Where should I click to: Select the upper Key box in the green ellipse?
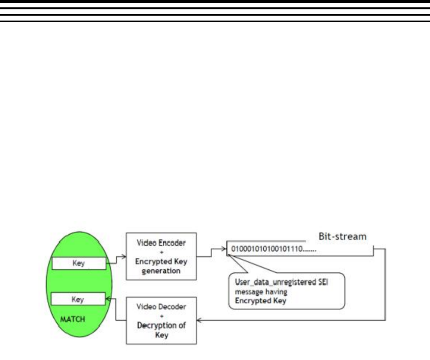[78, 264]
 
